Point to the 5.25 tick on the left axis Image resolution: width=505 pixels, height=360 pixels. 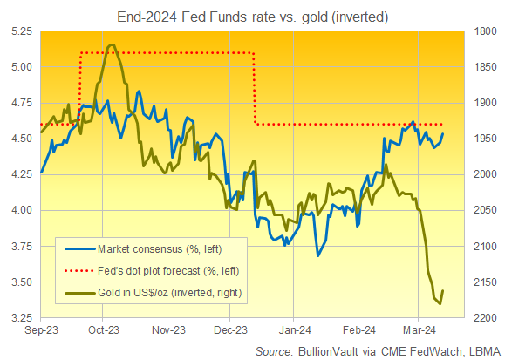click(x=20, y=31)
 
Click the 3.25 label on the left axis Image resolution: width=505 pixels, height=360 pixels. click(x=20, y=318)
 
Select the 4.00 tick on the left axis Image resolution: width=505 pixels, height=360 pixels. click(x=20, y=210)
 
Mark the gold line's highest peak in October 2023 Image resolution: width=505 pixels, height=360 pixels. click(x=110, y=44)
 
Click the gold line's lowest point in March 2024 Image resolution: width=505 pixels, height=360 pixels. click(x=440, y=303)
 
